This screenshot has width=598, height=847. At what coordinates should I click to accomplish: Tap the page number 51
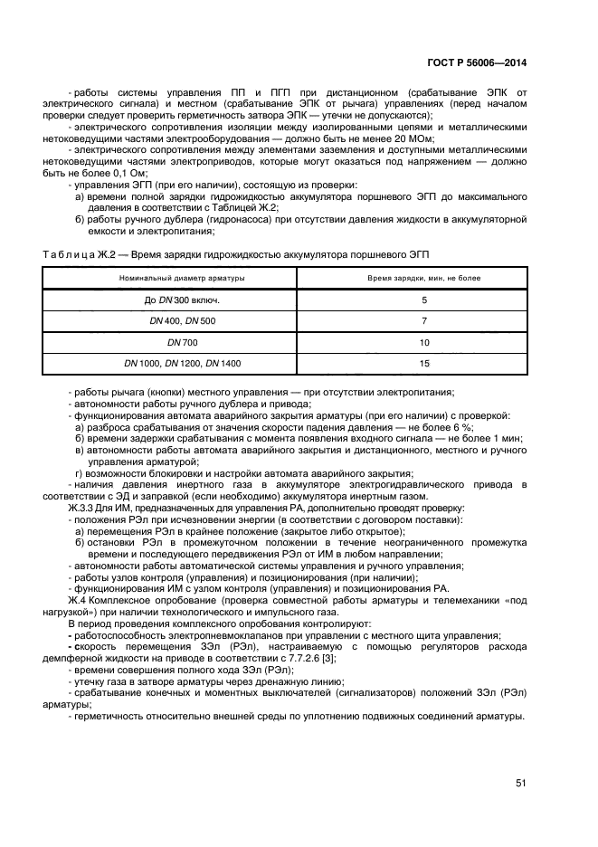(521, 784)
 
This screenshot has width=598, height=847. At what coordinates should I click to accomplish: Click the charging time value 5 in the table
(424, 300)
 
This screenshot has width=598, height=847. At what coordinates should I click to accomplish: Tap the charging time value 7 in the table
(424, 320)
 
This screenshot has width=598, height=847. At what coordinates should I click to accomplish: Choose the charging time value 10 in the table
(424, 342)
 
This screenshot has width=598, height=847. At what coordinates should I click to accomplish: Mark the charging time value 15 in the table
(424, 363)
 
